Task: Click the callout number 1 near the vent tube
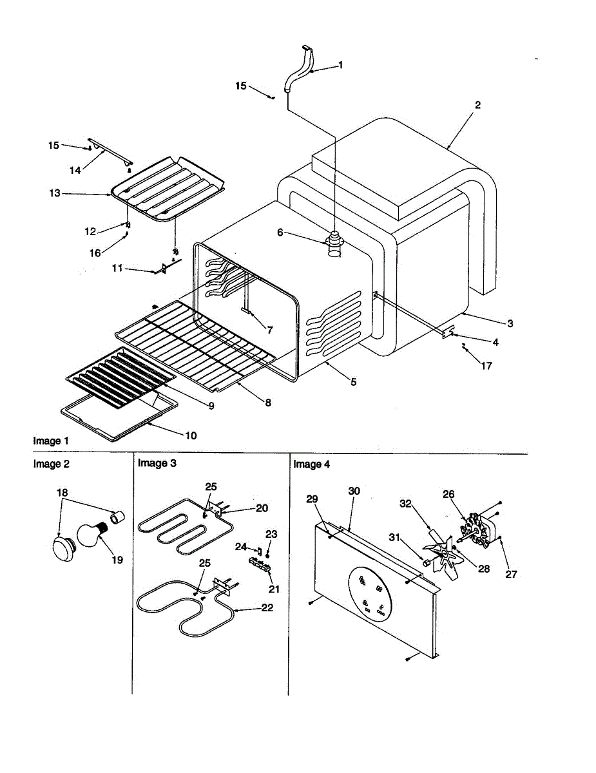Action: point(341,65)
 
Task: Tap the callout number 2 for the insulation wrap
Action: point(477,105)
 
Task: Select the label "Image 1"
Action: point(50,441)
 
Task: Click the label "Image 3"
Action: point(157,463)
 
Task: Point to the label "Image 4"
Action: point(312,464)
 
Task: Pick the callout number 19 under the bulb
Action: point(117,560)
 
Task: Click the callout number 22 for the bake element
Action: point(267,607)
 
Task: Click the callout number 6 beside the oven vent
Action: point(280,233)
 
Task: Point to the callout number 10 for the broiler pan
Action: point(191,435)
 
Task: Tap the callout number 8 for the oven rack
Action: point(267,403)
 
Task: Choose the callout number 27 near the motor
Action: point(511,575)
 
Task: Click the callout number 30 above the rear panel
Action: point(354,491)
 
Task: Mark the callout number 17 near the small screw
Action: point(486,366)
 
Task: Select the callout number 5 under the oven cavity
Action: point(353,382)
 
